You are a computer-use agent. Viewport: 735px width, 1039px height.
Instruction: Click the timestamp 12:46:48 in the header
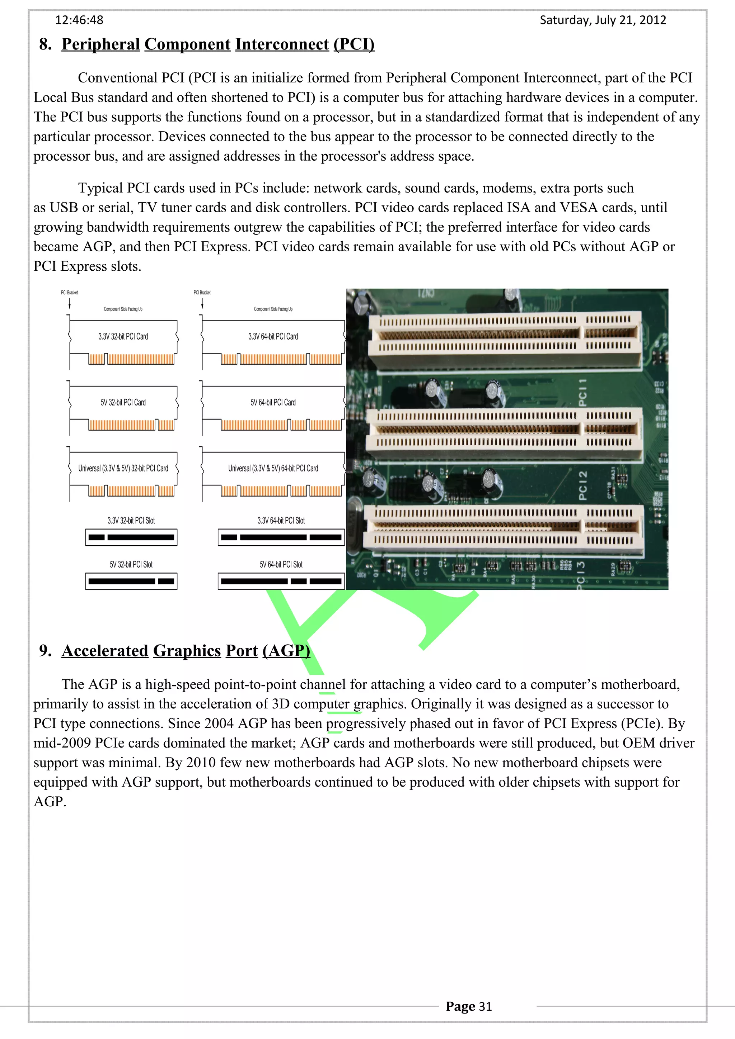pos(79,20)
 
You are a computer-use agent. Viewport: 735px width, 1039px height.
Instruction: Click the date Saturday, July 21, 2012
pos(603,20)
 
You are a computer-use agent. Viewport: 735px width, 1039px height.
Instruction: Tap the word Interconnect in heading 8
pos(282,44)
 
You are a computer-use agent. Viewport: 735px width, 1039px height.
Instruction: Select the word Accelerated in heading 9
pos(105,651)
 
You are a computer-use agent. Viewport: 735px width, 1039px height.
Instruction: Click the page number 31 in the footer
pos(485,1006)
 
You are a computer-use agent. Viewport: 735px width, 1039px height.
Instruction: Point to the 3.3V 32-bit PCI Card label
pos(123,336)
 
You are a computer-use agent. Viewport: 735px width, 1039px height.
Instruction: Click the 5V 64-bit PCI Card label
pos(273,402)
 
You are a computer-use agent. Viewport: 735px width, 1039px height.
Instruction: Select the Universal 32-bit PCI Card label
pos(123,468)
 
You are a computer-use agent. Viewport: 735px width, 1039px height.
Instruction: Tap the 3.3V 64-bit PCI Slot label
pos(281,521)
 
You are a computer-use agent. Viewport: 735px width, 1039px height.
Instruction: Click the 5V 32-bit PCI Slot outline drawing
pos(131,582)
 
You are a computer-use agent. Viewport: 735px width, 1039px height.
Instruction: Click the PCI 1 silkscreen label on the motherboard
pos(583,392)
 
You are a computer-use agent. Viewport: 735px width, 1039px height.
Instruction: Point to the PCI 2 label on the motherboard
pos(583,485)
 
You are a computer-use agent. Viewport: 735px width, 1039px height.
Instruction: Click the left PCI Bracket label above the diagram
pos(69,292)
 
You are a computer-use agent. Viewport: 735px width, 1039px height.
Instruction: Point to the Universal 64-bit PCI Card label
pos(273,468)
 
